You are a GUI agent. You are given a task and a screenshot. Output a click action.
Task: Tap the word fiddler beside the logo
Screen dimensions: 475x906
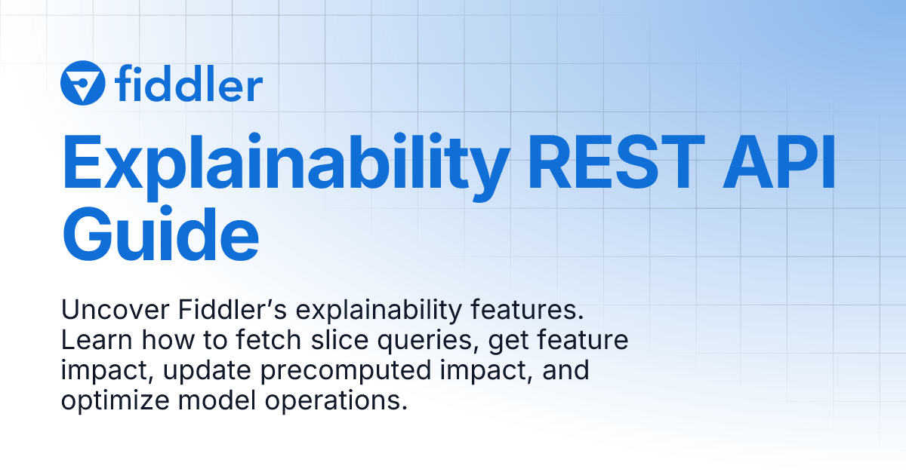coord(190,83)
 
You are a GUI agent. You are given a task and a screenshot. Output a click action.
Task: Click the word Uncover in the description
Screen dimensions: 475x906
coord(103,311)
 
